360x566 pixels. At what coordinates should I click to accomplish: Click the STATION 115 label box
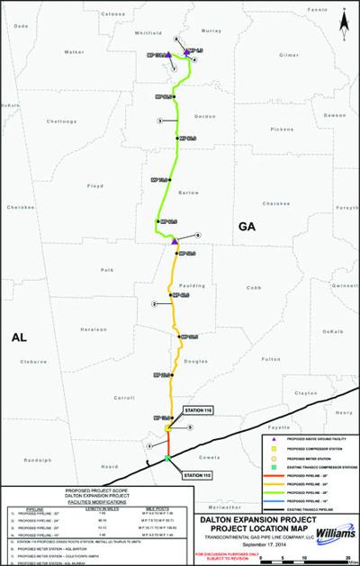pyautogui.click(x=197, y=473)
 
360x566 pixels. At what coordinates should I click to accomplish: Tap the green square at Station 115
pyautogui.click(x=167, y=461)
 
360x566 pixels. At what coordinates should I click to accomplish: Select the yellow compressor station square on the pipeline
pyautogui.click(x=167, y=428)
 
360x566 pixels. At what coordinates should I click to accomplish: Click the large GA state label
pyautogui.click(x=248, y=229)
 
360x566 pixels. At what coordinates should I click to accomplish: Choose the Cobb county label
pyautogui.click(x=253, y=287)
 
